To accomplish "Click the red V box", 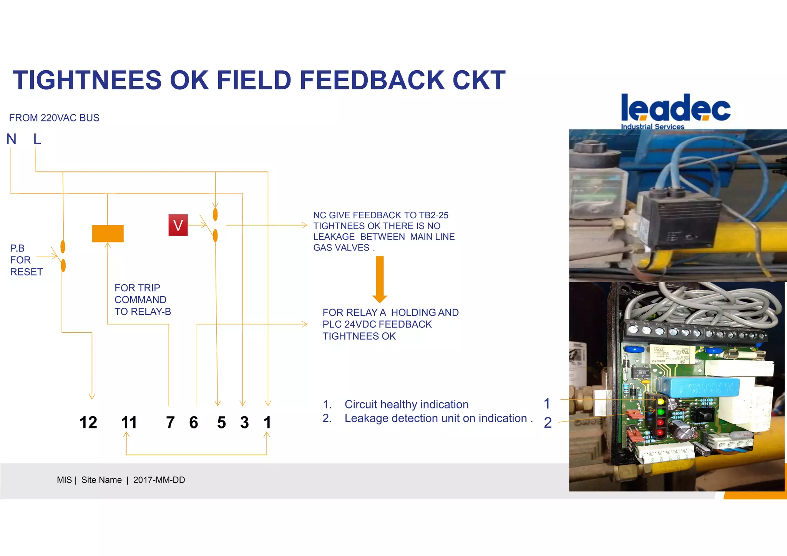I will pyautogui.click(x=178, y=225).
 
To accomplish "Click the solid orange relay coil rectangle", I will pyautogui.click(x=108, y=234).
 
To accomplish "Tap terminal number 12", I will pyautogui.click(x=88, y=423).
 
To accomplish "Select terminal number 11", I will pyautogui.click(x=129, y=423).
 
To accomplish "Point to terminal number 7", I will pyautogui.click(x=170, y=423).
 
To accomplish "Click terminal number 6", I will pyautogui.click(x=194, y=423).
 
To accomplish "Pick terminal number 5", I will pyautogui.click(x=221, y=423).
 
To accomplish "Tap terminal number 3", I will pyautogui.click(x=244, y=423).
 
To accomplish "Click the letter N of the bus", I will pyautogui.click(x=12, y=139).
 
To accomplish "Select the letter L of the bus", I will pyautogui.click(x=37, y=139).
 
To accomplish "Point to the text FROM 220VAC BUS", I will pyautogui.click(x=54, y=118).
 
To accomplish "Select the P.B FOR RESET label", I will pyautogui.click(x=25, y=260).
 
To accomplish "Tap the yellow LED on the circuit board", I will pyautogui.click(x=661, y=402).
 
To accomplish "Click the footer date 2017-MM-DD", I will pyautogui.click(x=159, y=480).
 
